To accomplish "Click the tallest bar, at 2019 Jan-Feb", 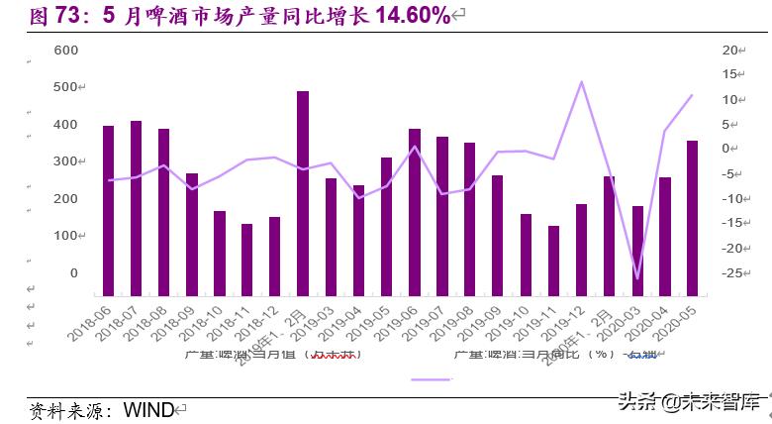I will coord(303,194).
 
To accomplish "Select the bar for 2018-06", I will coord(108,211).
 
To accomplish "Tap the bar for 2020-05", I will coord(692,218).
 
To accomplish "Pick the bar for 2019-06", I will coord(414,212).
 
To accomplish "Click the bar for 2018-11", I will coord(246,260).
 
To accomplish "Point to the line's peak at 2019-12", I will coord(581,81).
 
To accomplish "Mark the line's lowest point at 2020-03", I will coord(637,279).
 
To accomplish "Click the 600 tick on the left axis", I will coord(65,51).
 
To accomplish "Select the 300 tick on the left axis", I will coord(65,161).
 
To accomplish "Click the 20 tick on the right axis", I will coord(731,51).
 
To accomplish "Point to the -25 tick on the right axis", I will coord(731,273).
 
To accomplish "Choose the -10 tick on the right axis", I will coord(731,199).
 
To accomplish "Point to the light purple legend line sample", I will coord(431,378).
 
